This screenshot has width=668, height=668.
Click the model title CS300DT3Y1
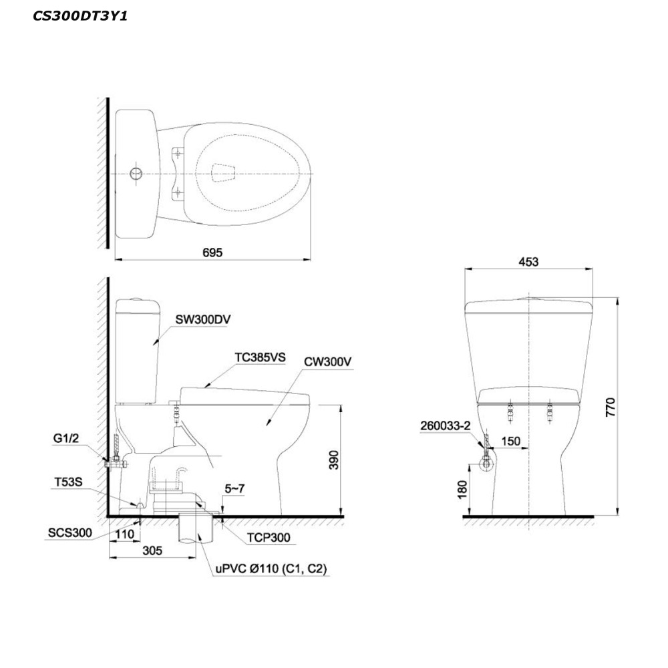click(80, 16)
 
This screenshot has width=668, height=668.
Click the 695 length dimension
click(212, 253)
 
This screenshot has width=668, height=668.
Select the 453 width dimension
click(528, 262)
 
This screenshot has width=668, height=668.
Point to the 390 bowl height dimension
click(333, 460)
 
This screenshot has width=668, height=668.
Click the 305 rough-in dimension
click(152, 550)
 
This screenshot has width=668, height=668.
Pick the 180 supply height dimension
click(462, 489)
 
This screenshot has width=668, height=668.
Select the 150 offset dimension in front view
click(510, 441)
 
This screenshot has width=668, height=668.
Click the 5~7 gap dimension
click(234, 488)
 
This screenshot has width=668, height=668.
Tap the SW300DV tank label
click(203, 319)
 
